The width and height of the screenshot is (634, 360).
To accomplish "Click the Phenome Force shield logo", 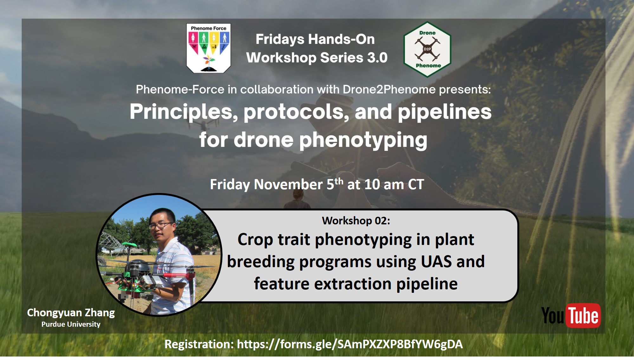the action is coord(209,48).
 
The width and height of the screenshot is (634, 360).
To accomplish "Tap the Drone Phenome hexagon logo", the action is coord(427,49).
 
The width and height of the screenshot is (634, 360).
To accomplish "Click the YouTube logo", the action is coord(571,316).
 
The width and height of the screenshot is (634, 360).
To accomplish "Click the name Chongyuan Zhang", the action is coord(71,313).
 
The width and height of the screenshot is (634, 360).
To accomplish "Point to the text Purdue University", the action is coord(71,324).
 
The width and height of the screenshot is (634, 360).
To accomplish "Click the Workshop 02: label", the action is coord(356,221).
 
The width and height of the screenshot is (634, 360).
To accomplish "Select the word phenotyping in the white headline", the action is coord(363,140).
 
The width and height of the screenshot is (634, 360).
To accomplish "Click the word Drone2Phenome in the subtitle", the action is coord(389,90).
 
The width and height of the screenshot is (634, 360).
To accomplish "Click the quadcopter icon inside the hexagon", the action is coord(427,49).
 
